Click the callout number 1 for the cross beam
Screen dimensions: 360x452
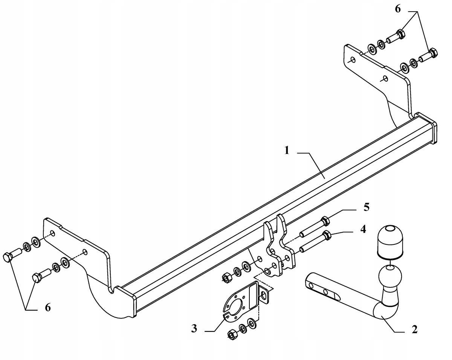tap(287, 151)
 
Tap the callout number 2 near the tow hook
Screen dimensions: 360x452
tap(414, 329)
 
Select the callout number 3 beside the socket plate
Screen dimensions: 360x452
tap(194, 328)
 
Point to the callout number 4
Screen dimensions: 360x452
tap(363, 229)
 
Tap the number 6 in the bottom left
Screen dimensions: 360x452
tap(47, 307)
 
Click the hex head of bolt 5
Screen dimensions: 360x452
tap(325, 221)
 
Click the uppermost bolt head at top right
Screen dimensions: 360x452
tap(400, 35)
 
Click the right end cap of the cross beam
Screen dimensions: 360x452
tap(426, 131)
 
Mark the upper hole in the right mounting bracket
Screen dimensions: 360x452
tap(353, 60)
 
